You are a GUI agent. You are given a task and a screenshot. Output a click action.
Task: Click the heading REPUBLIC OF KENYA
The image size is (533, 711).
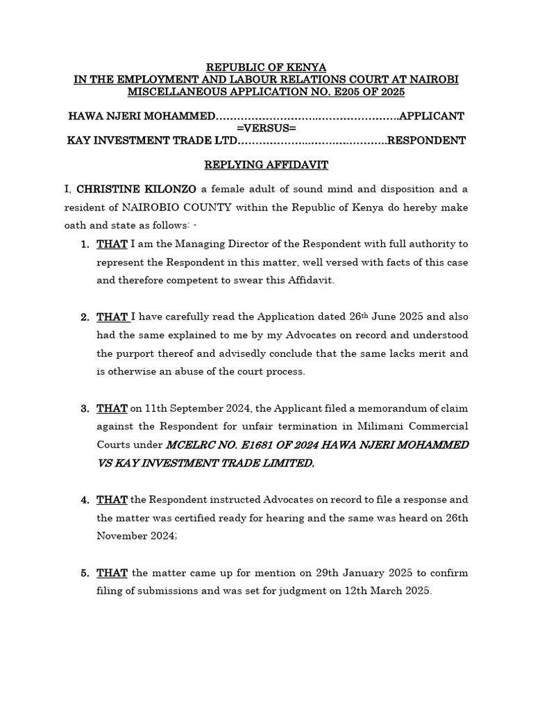pos(266,67)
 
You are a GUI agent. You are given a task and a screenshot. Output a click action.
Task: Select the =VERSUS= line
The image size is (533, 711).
pos(266,128)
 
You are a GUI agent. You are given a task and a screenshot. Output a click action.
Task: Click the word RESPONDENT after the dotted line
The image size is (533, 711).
pos(426,140)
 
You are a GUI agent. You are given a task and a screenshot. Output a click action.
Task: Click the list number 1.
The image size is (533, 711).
pos(83,244)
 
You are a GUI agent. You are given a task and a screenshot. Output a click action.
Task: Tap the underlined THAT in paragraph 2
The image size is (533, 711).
pos(112,317)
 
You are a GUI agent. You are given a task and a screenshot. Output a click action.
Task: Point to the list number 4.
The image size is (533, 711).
pos(83,500)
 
